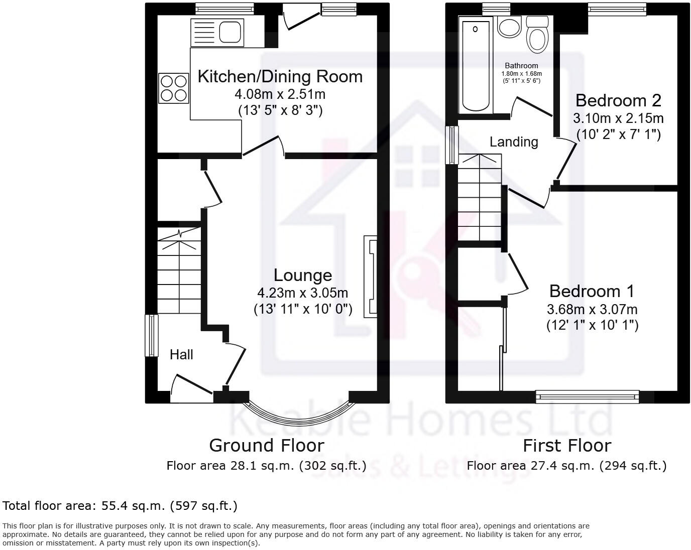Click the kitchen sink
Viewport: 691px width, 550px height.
point(217,32)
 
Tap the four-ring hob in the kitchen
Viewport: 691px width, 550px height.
point(174,88)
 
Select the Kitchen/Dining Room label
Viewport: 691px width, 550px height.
point(280,77)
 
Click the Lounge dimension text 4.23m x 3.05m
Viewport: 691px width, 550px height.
point(302,293)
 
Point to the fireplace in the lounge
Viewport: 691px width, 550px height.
point(371,276)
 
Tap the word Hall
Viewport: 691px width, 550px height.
point(181,355)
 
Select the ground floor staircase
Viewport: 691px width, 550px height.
point(179,271)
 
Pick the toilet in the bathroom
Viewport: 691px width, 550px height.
point(537,34)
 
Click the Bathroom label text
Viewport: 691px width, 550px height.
point(521,66)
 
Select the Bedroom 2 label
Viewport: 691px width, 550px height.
point(618,100)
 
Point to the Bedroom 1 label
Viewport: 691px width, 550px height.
point(592,291)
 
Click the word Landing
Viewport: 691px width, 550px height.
point(514,142)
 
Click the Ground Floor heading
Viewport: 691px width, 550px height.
point(266,445)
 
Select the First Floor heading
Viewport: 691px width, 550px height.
point(566,445)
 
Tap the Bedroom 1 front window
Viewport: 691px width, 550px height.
point(587,397)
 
